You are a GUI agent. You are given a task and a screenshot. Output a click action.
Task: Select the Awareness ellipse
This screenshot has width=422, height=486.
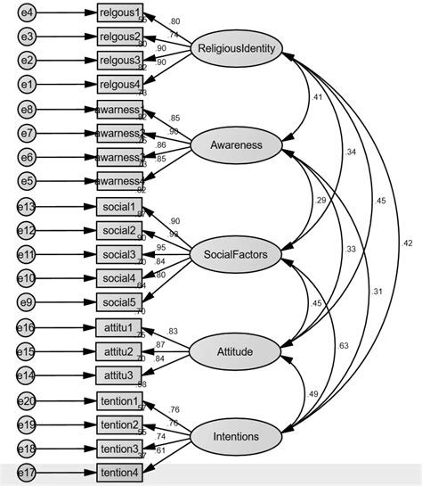click(235, 144)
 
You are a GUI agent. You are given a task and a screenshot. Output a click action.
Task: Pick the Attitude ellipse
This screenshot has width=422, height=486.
click(235, 351)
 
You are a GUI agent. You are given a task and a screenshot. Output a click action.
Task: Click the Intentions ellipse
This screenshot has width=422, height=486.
click(235, 436)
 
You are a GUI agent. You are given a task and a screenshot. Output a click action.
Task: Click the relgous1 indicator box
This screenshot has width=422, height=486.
click(119, 13)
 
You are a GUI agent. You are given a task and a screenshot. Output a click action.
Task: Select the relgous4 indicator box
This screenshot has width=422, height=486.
click(119, 85)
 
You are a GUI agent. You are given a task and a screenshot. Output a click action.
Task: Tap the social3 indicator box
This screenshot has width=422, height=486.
click(119, 255)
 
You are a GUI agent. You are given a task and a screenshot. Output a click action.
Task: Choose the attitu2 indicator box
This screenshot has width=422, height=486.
click(119, 351)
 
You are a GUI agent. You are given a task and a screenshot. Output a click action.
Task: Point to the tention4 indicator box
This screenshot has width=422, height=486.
click(119, 473)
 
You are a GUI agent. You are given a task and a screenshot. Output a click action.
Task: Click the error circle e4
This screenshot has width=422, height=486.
click(28, 13)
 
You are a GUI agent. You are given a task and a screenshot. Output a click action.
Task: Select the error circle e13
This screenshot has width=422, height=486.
click(28, 207)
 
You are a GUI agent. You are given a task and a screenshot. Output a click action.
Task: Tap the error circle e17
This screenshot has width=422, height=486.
click(28, 473)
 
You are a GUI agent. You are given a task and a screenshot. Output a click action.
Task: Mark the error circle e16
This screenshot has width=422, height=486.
click(28, 327)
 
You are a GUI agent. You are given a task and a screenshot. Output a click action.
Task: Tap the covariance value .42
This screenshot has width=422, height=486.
click(407, 242)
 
